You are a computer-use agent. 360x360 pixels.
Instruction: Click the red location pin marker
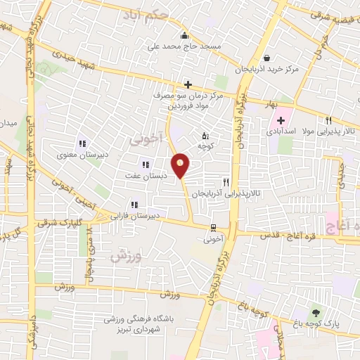click(x=181, y=165)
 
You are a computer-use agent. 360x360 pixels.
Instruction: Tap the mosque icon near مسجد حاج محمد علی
click(x=184, y=36)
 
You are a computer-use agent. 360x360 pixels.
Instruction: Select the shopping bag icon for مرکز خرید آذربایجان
click(x=266, y=58)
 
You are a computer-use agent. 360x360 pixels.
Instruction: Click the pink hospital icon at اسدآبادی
click(x=281, y=120)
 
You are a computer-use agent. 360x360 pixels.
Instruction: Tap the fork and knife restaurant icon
click(x=226, y=181)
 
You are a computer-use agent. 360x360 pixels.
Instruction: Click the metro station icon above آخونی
click(x=213, y=228)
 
